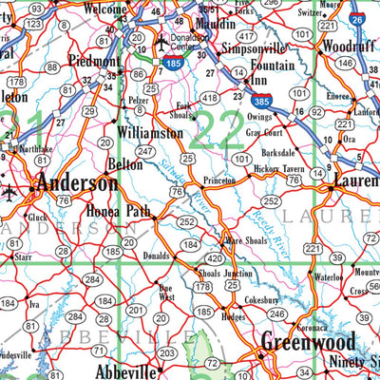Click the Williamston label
click(x=152, y=135)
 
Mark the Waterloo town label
click(x=331, y=278)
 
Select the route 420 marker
click(x=216, y=257)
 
